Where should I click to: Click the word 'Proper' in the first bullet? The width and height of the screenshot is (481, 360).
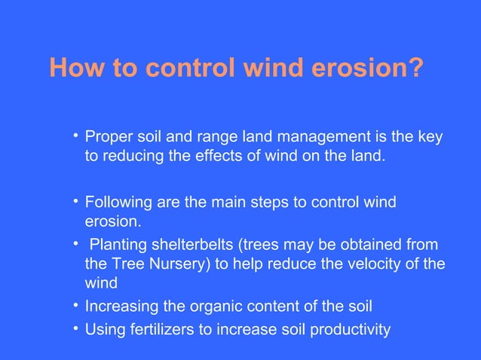pos(107,138)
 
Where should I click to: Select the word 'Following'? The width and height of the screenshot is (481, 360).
pos(116,203)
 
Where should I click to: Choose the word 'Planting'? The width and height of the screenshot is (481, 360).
pos(117,247)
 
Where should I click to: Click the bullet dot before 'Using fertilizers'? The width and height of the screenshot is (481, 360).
pos(76,328)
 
